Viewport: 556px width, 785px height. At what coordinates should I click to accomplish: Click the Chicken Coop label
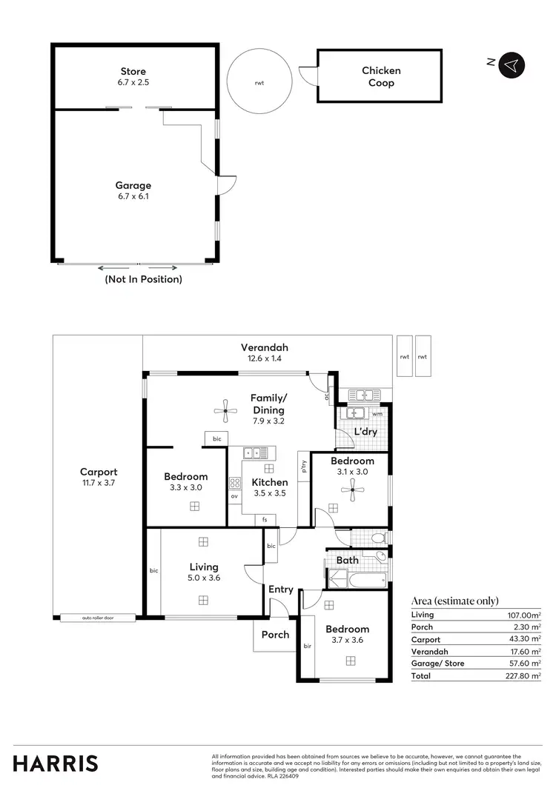tap(381, 76)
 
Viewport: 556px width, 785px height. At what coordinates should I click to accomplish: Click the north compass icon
tap(511, 64)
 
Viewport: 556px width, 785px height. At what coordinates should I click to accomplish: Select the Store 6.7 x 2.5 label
tap(133, 77)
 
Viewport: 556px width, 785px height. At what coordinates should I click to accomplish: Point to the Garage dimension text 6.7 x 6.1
tap(133, 196)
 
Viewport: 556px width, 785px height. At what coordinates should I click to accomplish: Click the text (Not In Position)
tap(143, 279)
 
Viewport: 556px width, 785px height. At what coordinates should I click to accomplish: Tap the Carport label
tap(99, 477)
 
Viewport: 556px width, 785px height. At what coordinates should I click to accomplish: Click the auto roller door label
tap(98, 617)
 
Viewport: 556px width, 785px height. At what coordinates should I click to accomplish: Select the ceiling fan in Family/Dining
tap(225, 408)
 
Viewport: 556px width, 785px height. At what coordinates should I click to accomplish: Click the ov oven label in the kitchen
tap(234, 496)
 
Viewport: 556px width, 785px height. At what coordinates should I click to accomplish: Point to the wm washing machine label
tap(377, 413)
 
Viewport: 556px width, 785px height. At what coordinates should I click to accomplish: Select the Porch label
tap(275, 635)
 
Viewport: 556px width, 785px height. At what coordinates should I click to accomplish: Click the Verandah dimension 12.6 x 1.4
tap(264, 358)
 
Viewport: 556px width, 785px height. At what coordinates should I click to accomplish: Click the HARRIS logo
tap(56, 763)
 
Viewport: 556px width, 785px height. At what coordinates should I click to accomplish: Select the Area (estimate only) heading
tap(454, 601)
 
